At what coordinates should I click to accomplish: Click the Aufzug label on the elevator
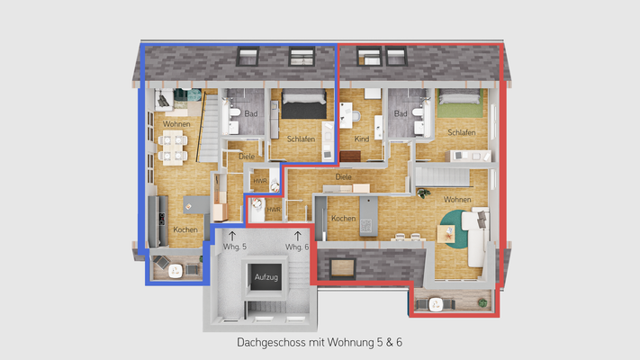[x=267, y=277]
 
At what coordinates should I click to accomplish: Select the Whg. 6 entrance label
[x=296, y=247]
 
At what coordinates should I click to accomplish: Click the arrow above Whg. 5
[x=233, y=234]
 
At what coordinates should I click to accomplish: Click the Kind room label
[x=361, y=139]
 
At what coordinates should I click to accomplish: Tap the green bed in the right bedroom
[x=461, y=106]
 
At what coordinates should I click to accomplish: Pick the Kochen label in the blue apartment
[x=185, y=229]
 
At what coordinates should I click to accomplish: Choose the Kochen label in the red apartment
[x=343, y=219]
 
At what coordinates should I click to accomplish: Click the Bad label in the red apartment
[x=401, y=113]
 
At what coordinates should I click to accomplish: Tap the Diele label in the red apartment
[x=343, y=177]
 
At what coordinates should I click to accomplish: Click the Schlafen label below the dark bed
[x=301, y=139]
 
